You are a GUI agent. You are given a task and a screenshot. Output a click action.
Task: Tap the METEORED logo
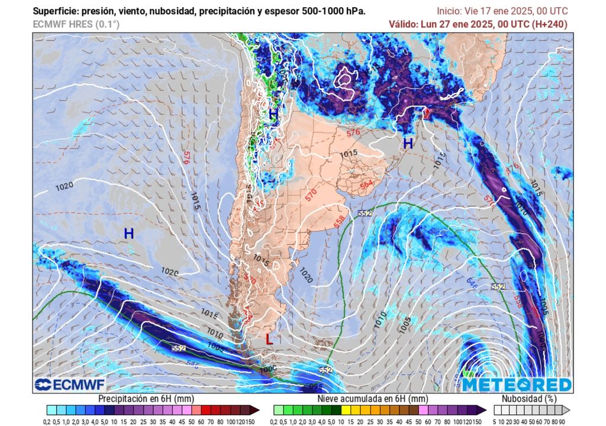tap(517, 385)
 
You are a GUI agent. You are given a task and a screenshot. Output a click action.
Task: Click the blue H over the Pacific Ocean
tap(128, 234)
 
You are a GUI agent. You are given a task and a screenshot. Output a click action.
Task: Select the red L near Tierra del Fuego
tap(269, 340)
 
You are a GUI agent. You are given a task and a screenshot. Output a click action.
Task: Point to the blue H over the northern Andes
tap(273, 115)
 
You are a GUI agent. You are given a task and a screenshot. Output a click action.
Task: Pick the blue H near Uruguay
tap(408, 143)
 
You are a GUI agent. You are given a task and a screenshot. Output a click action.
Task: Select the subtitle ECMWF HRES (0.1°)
tap(76, 24)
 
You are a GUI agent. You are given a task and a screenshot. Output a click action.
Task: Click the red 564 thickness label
tap(367, 185)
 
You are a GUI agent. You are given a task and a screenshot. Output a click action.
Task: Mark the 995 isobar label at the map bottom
tap(316, 386)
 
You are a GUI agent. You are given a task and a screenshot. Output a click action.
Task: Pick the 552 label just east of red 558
tap(365, 212)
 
